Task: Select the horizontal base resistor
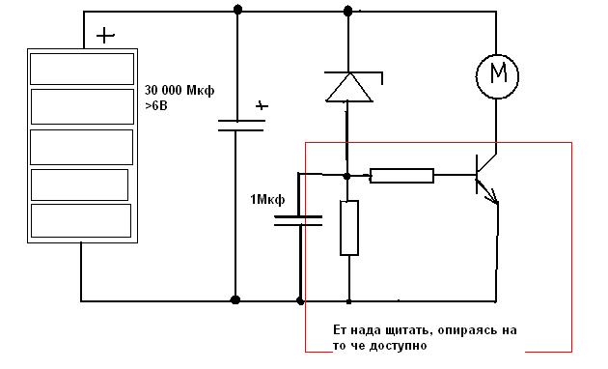(x=401, y=176)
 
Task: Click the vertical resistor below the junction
(x=349, y=228)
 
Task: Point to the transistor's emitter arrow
(x=488, y=193)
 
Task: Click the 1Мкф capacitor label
(x=267, y=199)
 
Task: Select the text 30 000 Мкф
(x=180, y=91)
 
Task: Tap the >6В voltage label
(x=156, y=105)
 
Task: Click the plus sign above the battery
(x=105, y=36)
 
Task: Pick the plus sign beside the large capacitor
(x=262, y=105)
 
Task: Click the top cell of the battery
(x=82, y=69)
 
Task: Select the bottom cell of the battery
(x=81, y=220)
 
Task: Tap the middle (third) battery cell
(x=81, y=147)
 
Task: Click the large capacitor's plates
(x=241, y=126)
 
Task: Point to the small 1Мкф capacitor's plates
(x=298, y=221)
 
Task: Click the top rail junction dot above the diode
(x=348, y=12)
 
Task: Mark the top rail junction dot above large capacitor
(x=238, y=10)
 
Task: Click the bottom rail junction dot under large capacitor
(x=235, y=299)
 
